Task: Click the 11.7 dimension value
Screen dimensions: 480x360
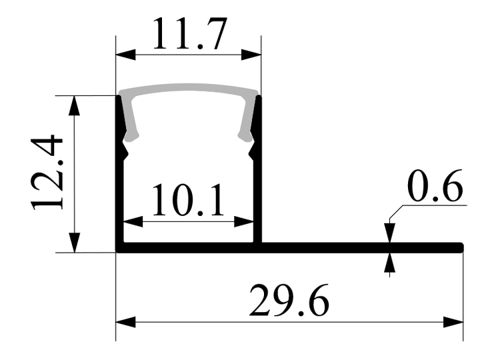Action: pos(190,34)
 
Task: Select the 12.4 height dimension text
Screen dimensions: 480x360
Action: pos(47,173)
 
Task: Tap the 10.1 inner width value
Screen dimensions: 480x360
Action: pos(187,201)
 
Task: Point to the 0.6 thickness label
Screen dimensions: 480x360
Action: pos(435,185)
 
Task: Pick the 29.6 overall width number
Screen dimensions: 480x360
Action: pos(289,300)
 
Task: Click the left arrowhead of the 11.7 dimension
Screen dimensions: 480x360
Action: pos(125,55)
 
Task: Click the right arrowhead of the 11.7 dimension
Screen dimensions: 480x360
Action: pos(251,55)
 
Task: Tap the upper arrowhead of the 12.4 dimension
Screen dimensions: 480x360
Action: pos(75,105)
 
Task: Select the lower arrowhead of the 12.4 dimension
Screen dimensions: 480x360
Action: pos(75,243)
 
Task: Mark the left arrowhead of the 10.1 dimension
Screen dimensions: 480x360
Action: pos(133,221)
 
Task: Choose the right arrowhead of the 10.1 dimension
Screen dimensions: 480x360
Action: pos(244,221)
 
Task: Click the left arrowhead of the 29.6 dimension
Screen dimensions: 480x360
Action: pos(125,322)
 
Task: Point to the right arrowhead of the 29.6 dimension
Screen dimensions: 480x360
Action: pos(453,322)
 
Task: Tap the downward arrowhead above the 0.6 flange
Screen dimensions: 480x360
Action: pos(390,233)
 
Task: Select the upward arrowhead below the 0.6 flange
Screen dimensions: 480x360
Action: pos(390,263)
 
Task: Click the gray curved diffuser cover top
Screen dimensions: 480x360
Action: pos(188,88)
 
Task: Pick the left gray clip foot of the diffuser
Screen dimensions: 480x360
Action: pos(131,136)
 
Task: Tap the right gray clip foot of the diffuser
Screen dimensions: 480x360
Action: pos(246,137)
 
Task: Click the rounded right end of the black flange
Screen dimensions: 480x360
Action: pos(461,247)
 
